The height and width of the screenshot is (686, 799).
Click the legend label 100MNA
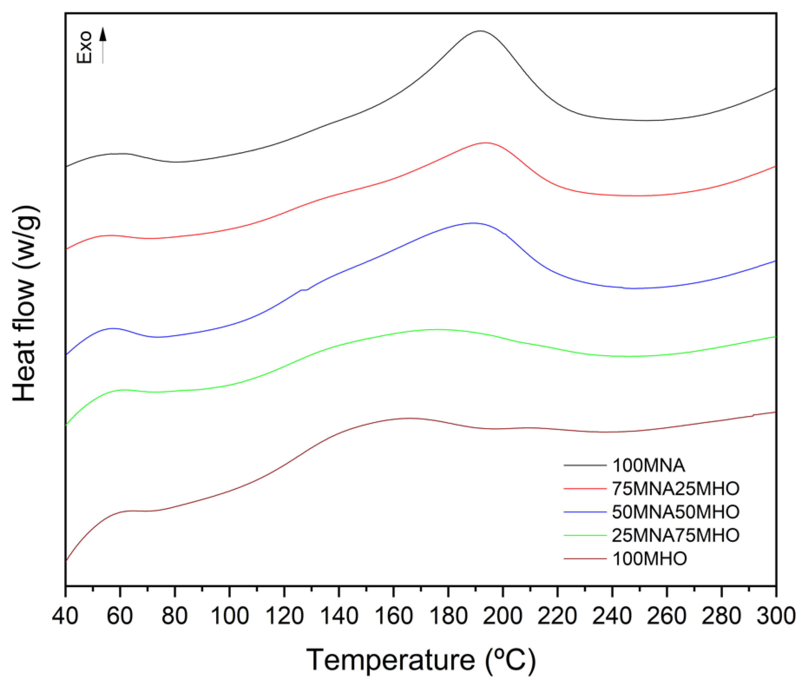(649, 465)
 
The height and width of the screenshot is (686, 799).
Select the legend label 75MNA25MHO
(676, 489)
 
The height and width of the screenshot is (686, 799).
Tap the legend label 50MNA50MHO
(676, 512)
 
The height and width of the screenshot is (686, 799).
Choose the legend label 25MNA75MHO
(676, 535)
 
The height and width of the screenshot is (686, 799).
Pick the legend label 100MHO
(650, 559)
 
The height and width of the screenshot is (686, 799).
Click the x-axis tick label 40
(65, 616)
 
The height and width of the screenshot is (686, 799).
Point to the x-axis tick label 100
(230, 616)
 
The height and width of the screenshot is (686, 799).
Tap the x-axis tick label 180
(448, 616)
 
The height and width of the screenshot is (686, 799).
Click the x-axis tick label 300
(775, 616)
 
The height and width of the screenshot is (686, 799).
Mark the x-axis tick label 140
(339, 616)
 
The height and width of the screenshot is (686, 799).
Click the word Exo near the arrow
(84, 47)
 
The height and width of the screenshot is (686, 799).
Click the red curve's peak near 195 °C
(486, 143)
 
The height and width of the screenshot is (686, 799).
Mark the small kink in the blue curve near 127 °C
(304, 290)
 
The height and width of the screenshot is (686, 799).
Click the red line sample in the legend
(584, 489)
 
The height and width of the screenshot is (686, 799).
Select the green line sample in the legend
(584, 535)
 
